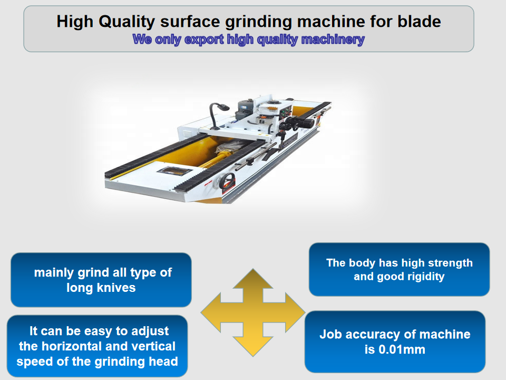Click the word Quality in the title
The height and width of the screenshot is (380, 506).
tap(127, 22)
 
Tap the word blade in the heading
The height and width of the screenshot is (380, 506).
tap(419, 21)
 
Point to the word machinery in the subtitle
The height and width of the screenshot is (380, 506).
tap(333, 40)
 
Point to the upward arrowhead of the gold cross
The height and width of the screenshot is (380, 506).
tap(253, 279)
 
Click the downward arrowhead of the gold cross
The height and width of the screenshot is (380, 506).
tap(253, 346)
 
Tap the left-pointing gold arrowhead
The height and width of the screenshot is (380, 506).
tap(211, 312)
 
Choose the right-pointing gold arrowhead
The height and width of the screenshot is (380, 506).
tap(295, 312)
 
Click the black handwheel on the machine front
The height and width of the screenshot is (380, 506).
tap(227, 182)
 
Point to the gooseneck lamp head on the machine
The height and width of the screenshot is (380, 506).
tap(223, 107)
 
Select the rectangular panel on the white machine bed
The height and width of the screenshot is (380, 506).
tap(174, 171)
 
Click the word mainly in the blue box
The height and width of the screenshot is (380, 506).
tap(54, 273)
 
